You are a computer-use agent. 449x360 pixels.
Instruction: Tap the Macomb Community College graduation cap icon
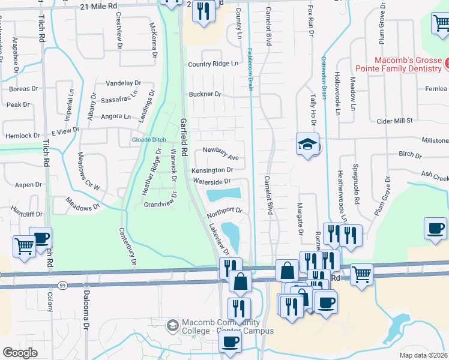point(172,325)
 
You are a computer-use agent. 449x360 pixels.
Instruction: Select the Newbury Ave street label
point(221,154)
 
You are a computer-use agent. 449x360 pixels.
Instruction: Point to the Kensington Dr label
point(212,170)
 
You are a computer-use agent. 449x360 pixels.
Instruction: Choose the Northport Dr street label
point(224,211)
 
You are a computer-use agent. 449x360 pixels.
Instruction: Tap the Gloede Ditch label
point(149,140)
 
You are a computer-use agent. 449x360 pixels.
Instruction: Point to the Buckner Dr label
point(205,94)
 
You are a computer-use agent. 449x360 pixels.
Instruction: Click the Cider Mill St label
point(394,121)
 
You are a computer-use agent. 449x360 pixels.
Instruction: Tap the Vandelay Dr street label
point(123,83)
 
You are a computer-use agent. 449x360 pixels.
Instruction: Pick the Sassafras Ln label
point(118,95)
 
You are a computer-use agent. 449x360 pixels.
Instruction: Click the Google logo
point(20,352)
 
